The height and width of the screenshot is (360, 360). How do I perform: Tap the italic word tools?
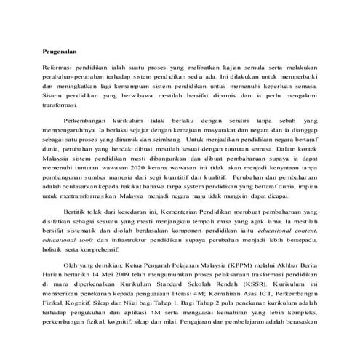click(x=89, y=252)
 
